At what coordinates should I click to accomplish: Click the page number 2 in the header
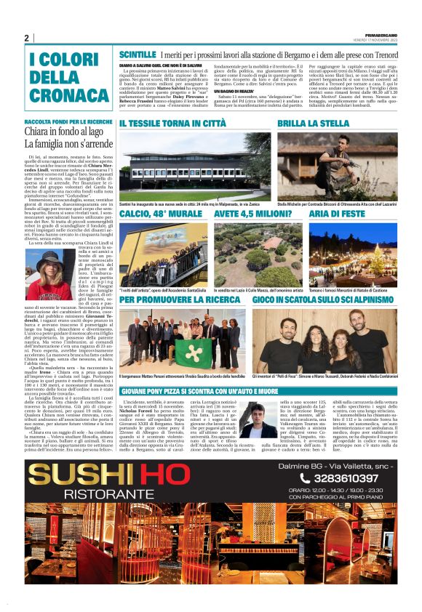point(26,38)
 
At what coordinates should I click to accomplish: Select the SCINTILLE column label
point(138,55)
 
